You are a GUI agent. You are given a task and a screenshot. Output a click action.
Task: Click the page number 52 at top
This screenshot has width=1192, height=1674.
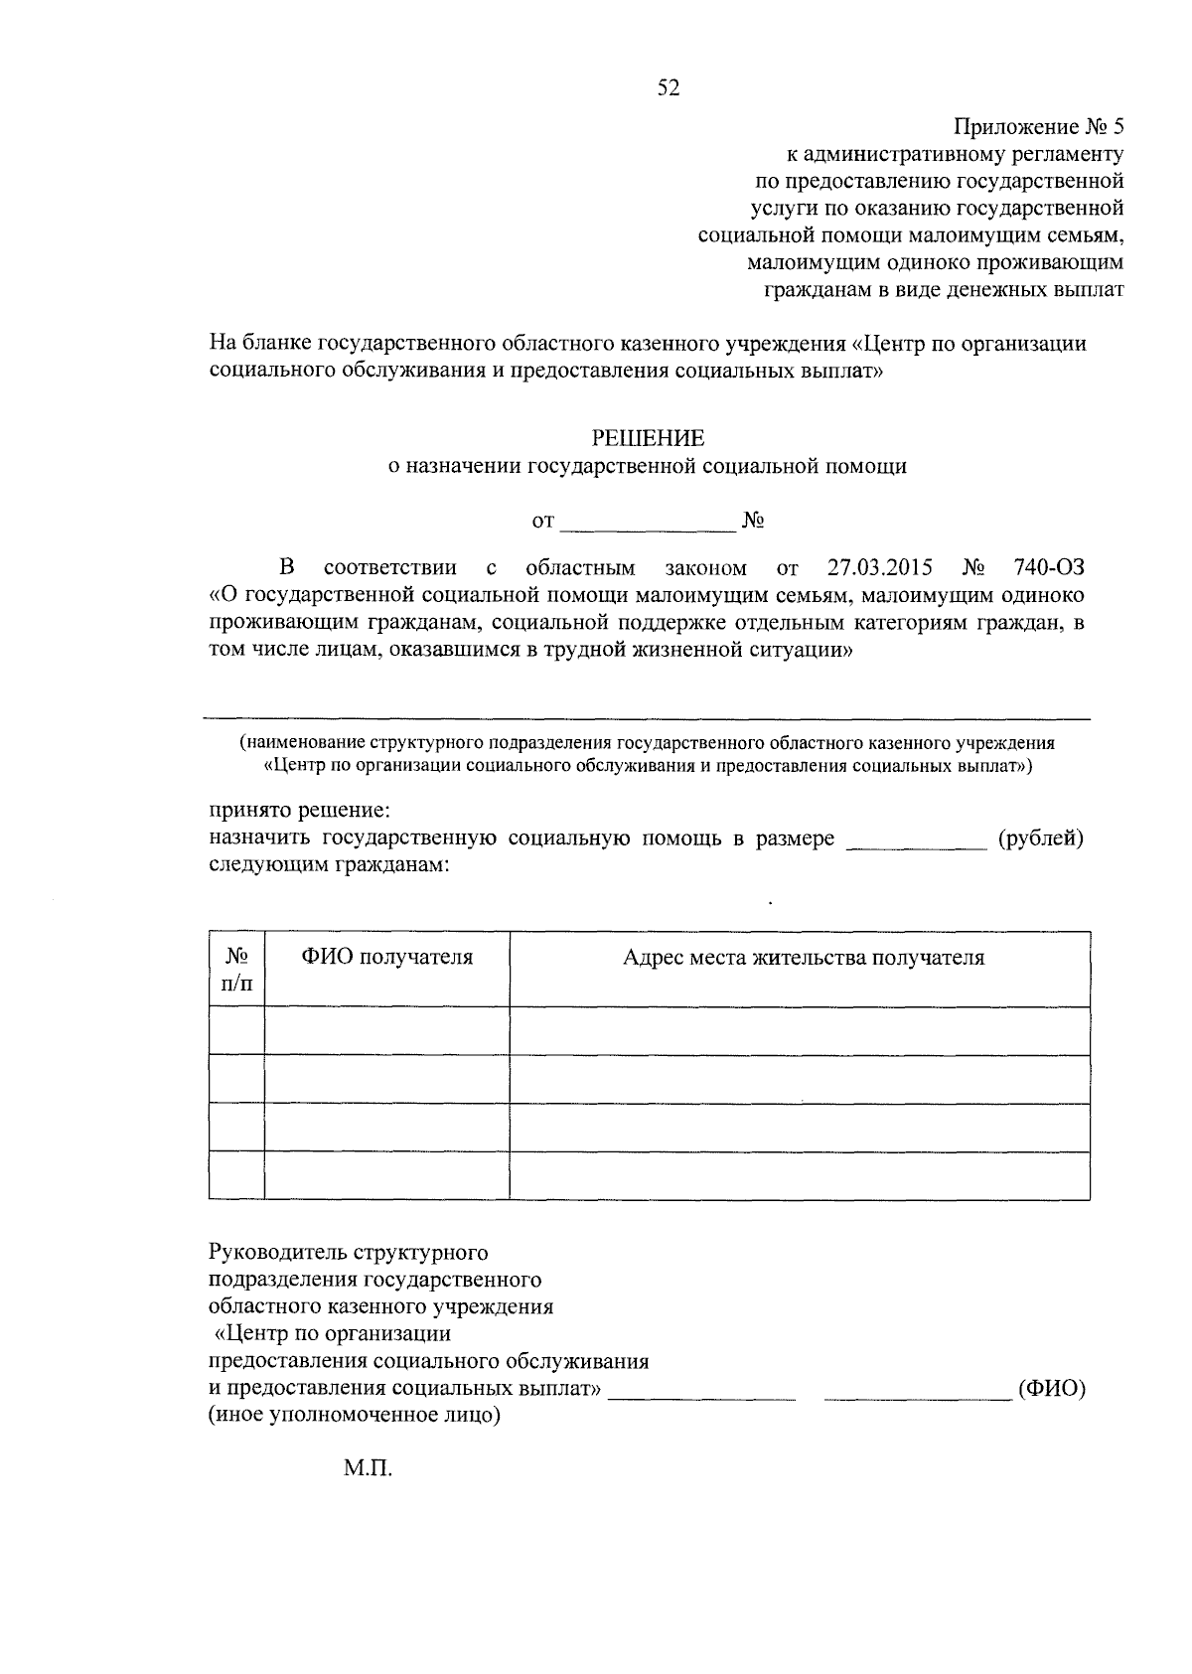pyautogui.click(x=668, y=89)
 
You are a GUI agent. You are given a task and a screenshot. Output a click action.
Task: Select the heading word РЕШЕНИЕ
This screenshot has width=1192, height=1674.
pyautogui.click(x=648, y=438)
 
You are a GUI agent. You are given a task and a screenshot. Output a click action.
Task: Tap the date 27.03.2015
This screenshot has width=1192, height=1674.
pyautogui.click(x=879, y=568)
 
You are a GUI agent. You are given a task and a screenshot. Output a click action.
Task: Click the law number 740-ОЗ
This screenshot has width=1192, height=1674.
pyautogui.click(x=1049, y=568)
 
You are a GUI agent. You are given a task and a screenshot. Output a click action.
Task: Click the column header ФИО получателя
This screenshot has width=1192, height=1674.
pyautogui.click(x=387, y=958)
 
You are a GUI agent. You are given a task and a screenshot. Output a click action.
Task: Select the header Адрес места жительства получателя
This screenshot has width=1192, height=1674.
pyautogui.click(x=803, y=958)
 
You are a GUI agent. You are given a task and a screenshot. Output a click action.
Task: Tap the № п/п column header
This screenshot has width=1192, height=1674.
pyautogui.click(x=236, y=970)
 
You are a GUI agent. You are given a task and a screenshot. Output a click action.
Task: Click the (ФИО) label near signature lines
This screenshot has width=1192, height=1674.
pyautogui.click(x=1052, y=1389)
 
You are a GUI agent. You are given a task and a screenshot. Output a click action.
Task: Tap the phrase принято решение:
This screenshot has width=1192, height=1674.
pyautogui.click(x=299, y=811)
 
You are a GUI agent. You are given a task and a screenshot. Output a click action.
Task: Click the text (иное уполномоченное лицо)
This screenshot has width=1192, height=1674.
pyautogui.click(x=354, y=1415)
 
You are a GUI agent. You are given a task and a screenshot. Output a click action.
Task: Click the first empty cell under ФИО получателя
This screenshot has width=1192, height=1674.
pyautogui.click(x=387, y=1030)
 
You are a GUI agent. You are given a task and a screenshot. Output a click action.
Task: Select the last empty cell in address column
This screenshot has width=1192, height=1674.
pyautogui.click(x=800, y=1175)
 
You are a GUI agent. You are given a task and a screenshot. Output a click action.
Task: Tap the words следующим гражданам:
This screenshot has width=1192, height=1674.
pyautogui.click(x=329, y=865)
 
